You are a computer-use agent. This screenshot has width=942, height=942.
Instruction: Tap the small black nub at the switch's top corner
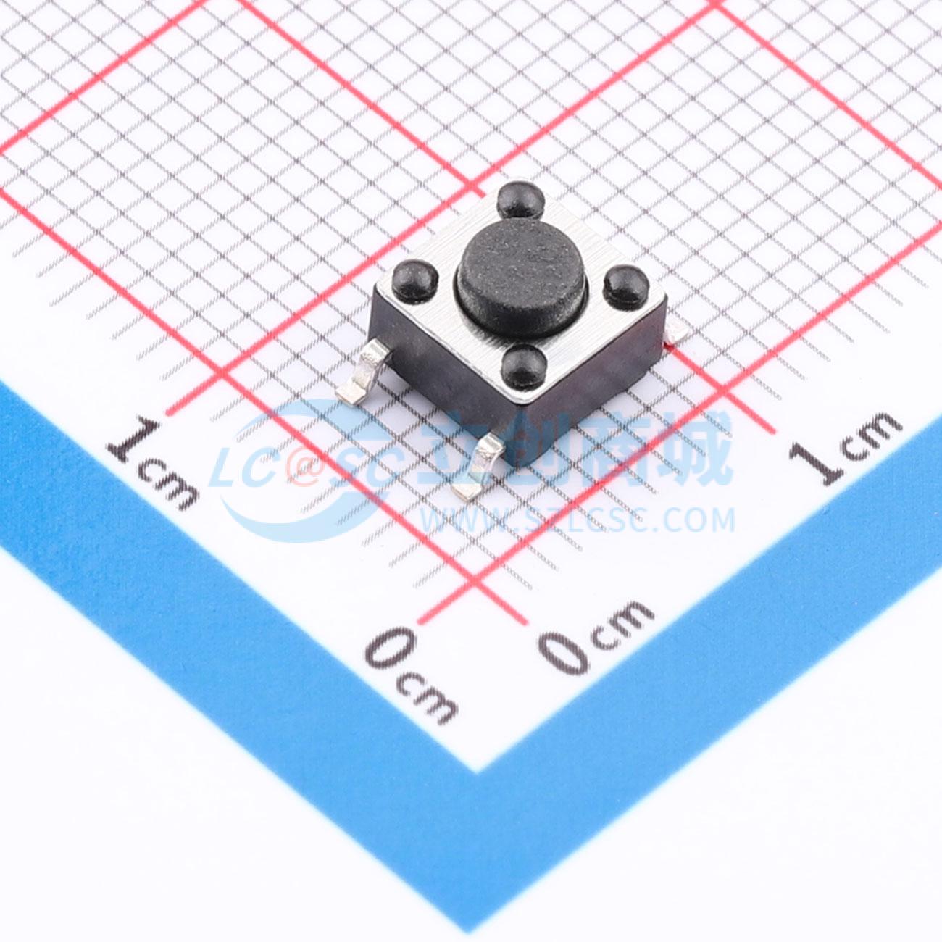click(x=521, y=199)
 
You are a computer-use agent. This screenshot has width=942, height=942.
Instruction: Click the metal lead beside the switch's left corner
click(x=364, y=372)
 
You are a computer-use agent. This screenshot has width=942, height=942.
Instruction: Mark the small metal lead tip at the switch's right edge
click(x=678, y=336)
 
